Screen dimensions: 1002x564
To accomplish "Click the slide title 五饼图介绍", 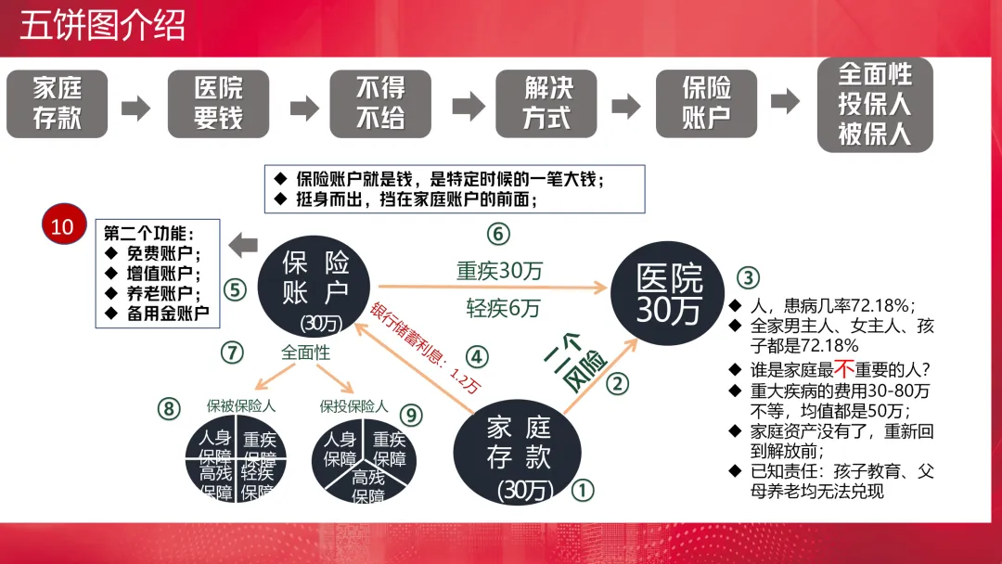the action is (103, 26).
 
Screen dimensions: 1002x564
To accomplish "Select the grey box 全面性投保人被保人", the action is (874, 103).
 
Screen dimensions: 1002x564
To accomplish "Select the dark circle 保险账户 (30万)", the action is (315, 287).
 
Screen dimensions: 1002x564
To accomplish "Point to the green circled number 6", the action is (498, 233).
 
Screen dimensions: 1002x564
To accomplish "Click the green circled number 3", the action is (749, 276).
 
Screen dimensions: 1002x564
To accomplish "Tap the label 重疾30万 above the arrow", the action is (499, 271).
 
